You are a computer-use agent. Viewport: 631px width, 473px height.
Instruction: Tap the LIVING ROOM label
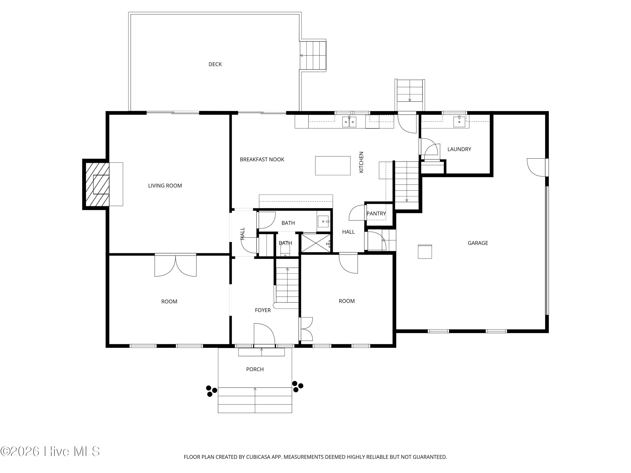[165, 186]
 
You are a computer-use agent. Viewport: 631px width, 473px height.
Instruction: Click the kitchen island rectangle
[333, 166]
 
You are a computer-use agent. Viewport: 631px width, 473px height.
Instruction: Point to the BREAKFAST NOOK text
[262, 159]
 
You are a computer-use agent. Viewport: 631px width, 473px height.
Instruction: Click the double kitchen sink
[349, 122]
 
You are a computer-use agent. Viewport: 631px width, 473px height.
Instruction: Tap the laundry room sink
[459, 122]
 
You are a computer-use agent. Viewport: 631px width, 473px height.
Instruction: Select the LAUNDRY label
[459, 149]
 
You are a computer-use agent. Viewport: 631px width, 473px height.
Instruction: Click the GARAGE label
[478, 243]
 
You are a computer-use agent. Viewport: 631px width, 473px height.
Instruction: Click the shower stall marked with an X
[316, 243]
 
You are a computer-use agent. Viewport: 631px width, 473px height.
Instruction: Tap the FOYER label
[263, 310]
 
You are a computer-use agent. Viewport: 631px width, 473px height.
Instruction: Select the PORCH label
[255, 369]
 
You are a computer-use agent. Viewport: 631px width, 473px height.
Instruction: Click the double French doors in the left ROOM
[175, 265]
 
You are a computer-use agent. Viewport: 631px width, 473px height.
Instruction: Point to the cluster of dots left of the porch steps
[211, 391]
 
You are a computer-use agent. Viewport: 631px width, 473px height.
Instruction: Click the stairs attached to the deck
[313, 55]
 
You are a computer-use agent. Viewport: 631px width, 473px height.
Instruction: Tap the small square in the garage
[425, 252]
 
